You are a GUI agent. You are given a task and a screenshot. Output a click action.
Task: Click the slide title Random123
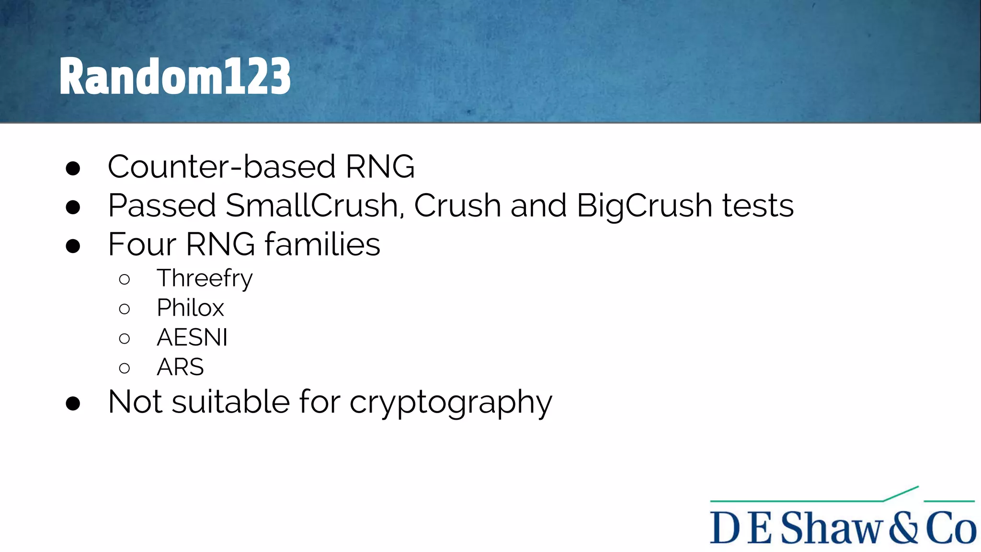click(175, 76)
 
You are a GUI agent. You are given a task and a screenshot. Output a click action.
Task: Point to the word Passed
click(162, 206)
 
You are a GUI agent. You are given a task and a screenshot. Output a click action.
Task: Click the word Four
click(142, 244)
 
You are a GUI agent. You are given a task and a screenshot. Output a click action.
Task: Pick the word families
click(322, 244)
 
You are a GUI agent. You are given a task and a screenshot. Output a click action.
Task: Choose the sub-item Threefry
click(205, 279)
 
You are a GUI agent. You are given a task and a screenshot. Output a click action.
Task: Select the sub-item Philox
click(190, 308)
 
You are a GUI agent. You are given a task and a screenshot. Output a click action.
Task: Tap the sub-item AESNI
click(192, 337)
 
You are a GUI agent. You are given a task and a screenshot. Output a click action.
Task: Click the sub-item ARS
click(180, 367)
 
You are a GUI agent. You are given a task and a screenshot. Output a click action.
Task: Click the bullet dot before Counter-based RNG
click(73, 168)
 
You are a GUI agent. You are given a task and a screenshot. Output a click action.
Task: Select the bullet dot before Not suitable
click(73, 403)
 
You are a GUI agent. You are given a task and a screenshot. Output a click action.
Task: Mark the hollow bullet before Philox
click(125, 309)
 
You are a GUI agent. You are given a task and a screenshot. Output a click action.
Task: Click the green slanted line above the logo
click(901, 494)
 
